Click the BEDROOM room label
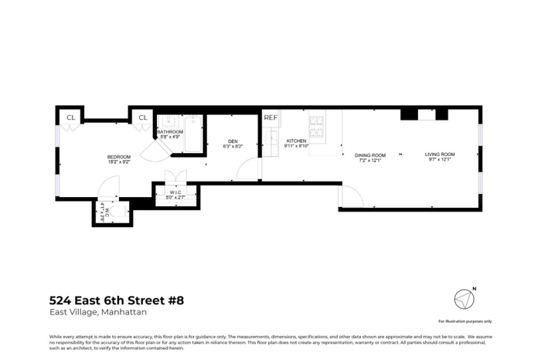118,158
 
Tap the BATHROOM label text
170,132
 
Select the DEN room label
232,141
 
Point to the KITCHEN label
295,141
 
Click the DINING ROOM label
370,155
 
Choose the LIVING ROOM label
440,155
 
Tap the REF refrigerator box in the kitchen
270,117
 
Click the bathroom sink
169,121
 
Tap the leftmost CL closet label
70,117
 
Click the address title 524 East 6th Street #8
117,300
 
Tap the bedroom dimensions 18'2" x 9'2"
118,162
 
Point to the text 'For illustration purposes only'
464,321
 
